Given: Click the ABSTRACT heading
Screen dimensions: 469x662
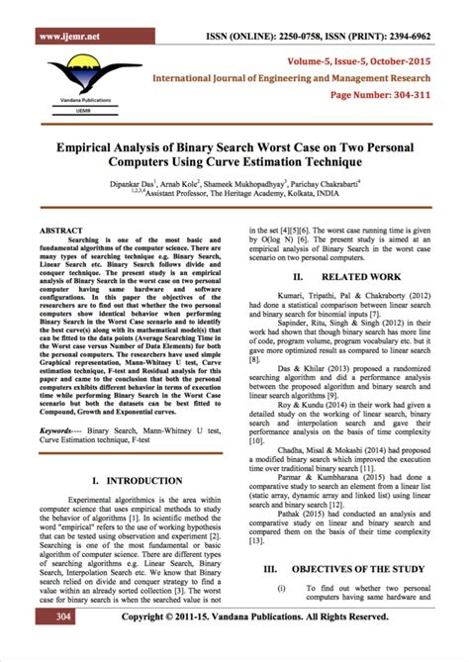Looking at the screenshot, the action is (61, 229).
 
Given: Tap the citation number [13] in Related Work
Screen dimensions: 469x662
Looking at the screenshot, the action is (258, 540).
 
